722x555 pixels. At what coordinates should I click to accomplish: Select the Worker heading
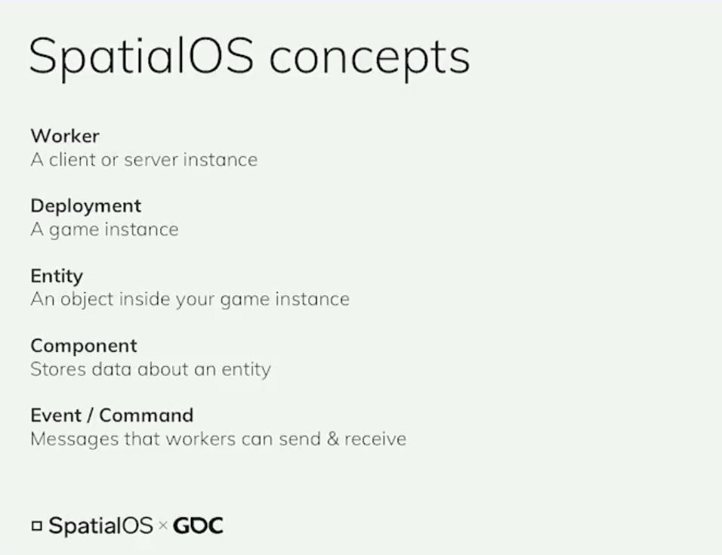click(65, 136)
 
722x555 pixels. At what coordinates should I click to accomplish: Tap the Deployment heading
click(85, 207)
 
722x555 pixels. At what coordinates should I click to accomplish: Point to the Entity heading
click(57, 276)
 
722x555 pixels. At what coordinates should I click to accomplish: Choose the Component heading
click(84, 347)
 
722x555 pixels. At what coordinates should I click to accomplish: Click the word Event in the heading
click(56, 415)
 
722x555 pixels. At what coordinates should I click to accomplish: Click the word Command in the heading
click(146, 415)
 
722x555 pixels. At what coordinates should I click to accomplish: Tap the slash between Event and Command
click(90, 415)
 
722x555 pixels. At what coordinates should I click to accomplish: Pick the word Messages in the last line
click(75, 439)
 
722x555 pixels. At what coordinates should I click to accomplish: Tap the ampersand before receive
click(333, 439)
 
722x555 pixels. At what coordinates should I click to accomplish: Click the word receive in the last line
click(375, 439)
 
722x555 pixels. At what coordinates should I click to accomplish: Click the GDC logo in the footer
click(198, 526)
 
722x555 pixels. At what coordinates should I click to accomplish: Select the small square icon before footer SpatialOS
click(37, 526)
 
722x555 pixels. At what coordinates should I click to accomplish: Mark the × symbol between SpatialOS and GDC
click(162, 525)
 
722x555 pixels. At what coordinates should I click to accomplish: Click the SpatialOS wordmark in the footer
click(100, 526)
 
